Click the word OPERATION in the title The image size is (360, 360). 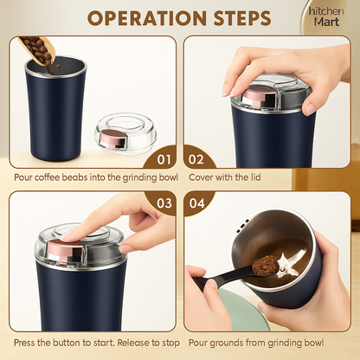tap(147, 18)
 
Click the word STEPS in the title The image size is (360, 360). tap(242, 18)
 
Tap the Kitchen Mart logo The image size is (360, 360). tap(326, 16)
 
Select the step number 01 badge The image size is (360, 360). tap(164, 159)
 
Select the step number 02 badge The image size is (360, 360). tap(196, 159)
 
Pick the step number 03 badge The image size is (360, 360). tap(164, 203)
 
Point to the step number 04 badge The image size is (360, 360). tap(197, 203)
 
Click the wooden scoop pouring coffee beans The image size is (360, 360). tap(37, 49)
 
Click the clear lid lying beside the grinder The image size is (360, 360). tap(125, 134)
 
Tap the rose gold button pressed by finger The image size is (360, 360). tap(66, 248)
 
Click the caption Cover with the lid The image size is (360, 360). tap(224, 177)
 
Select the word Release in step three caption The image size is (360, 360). tap(132, 343)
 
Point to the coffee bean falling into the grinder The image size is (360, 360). tap(59, 67)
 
